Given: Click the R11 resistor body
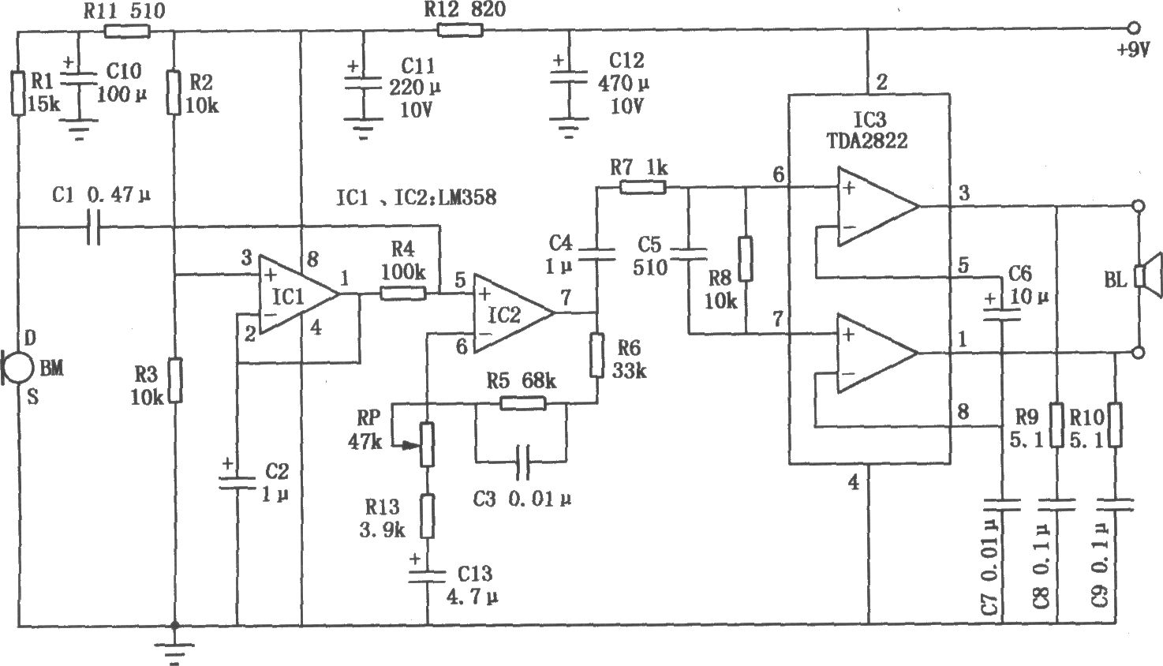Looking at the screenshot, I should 126,32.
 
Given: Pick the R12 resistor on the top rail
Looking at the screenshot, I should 461,31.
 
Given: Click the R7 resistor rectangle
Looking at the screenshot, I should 642,187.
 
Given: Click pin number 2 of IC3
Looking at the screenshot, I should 882,82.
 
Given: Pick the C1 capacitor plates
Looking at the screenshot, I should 93,229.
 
